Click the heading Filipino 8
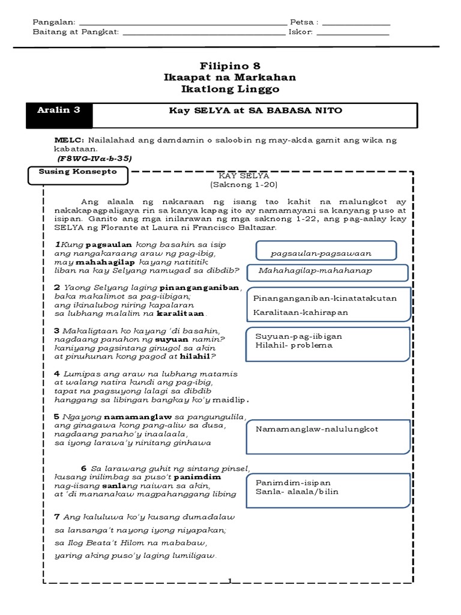[230, 65]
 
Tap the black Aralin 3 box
[63, 115]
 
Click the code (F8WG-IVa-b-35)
[95, 158]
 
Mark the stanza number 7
[56, 517]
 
